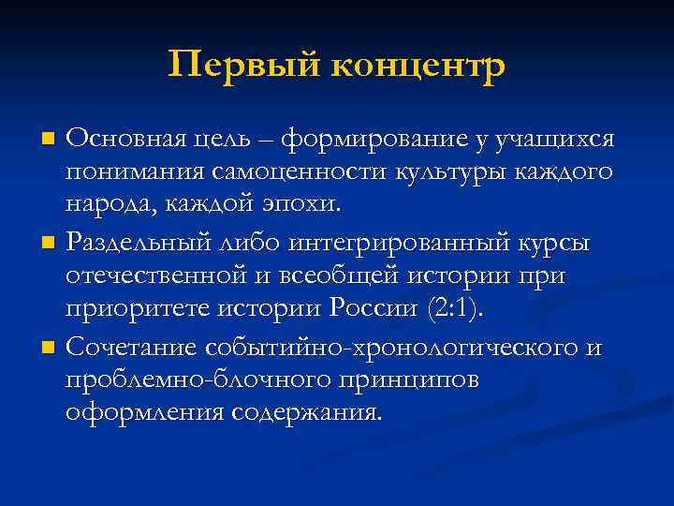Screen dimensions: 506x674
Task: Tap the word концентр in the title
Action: pos(418,66)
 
